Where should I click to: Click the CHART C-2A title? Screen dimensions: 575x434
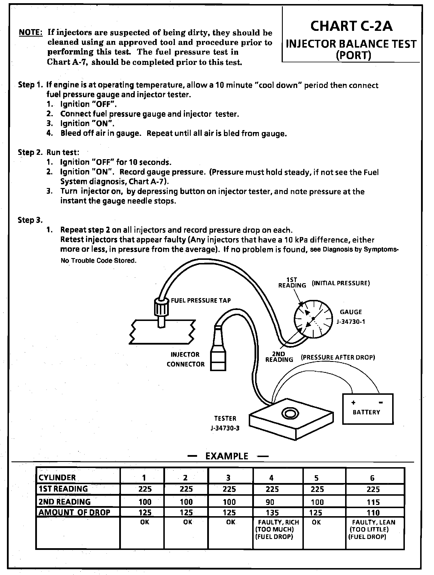pos(351,27)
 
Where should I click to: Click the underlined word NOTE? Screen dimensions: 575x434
pos(31,33)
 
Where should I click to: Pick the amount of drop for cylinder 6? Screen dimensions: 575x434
pos(373,513)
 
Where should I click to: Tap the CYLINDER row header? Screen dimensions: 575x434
pos(57,478)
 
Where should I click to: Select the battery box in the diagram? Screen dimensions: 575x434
pos(367,409)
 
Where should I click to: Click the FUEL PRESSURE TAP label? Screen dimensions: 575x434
pos(201,300)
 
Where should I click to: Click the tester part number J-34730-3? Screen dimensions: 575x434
pos(225,428)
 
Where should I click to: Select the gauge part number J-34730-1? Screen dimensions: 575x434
pos(351,322)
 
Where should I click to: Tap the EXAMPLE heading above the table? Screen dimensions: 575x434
pos(227,456)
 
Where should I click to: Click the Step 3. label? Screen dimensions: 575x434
pos(30,220)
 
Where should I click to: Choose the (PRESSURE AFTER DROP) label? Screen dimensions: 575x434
pos(338,357)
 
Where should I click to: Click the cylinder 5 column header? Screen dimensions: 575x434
pos(317,478)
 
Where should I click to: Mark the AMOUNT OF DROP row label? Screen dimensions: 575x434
pos(74,512)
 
